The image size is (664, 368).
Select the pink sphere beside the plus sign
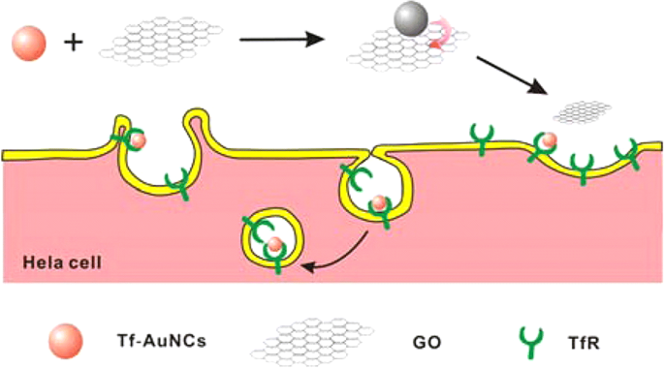coord(27,43)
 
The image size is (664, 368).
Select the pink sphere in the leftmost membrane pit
coord(139,141)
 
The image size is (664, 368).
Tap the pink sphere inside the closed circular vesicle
coord(274,243)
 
